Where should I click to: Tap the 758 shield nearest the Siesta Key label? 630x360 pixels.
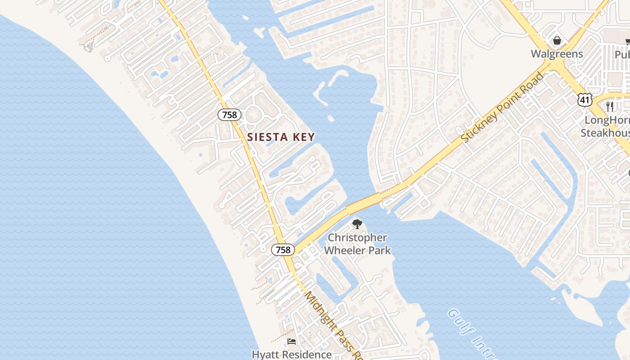pyautogui.click(x=229, y=115)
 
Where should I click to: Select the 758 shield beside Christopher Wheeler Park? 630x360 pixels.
pyautogui.click(x=283, y=250)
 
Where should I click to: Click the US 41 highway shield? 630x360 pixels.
pyautogui.click(x=585, y=100)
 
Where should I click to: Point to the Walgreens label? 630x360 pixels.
pyautogui.click(x=557, y=54)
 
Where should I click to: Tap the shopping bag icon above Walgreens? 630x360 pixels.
pyautogui.click(x=557, y=41)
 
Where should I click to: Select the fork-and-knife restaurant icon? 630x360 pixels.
pyautogui.click(x=610, y=107)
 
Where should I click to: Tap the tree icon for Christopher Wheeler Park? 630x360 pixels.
pyautogui.click(x=357, y=224)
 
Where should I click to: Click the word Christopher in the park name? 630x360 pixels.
pyautogui.click(x=357, y=238)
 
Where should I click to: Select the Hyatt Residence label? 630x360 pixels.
pyautogui.click(x=292, y=354)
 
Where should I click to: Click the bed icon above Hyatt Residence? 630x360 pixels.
pyautogui.click(x=292, y=342)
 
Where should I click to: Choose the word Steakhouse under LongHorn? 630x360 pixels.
pyautogui.click(x=604, y=133)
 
